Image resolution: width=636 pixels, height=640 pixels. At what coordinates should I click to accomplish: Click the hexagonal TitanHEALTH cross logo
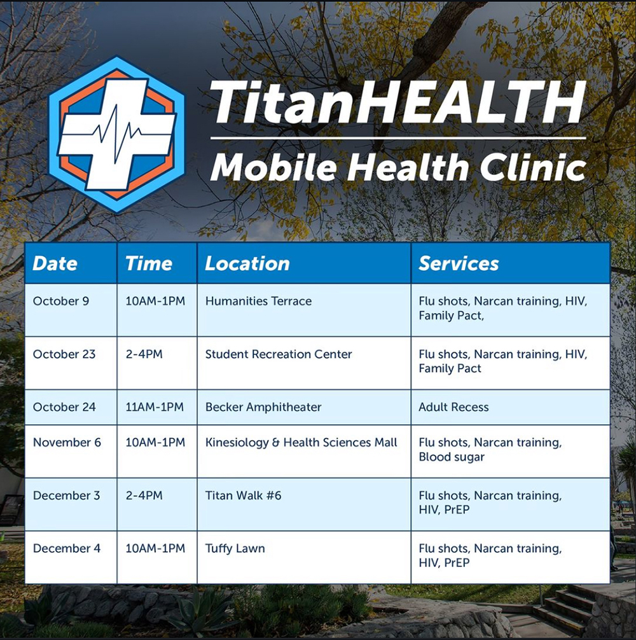[x=116, y=134]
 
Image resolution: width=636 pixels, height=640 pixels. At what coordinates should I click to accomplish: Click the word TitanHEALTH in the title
[x=397, y=102]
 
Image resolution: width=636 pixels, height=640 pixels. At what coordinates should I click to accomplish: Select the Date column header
[x=55, y=263]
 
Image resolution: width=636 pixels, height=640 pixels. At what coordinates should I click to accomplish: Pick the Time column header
[x=149, y=263]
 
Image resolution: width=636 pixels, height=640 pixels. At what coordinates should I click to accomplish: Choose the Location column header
[x=247, y=263]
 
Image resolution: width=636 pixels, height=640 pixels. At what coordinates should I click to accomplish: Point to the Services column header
[x=459, y=263]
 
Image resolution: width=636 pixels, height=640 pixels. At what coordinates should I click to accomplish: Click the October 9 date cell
[x=61, y=301]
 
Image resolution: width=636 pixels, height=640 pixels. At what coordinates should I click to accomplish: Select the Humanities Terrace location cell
[x=258, y=301]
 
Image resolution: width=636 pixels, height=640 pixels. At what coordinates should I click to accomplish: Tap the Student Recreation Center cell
[x=279, y=354]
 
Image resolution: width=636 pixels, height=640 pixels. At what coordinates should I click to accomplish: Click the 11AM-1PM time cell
[x=155, y=407]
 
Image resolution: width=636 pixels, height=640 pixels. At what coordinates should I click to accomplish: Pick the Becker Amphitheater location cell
[x=263, y=407]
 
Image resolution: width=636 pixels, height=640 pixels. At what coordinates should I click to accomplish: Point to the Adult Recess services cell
[x=453, y=407]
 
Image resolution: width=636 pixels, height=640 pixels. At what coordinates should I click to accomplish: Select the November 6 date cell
[x=67, y=442]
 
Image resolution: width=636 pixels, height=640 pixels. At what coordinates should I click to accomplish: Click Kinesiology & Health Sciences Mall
[x=301, y=442]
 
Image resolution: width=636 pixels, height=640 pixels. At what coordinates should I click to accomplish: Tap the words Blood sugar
[x=452, y=457]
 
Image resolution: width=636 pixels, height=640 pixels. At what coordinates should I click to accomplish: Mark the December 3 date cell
[x=66, y=496]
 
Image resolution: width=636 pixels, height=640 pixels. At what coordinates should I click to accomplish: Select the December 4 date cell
[x=66, y=548]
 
